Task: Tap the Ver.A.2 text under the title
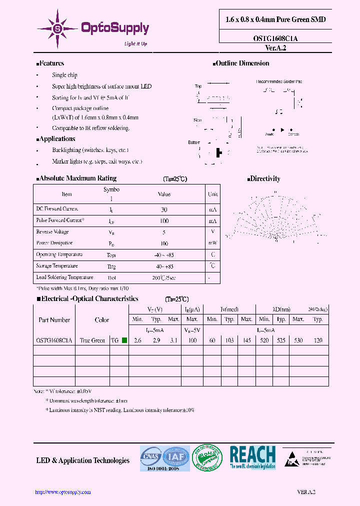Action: pos(275,47)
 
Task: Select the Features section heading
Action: pos(50,63)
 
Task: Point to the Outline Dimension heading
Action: pos(242,63)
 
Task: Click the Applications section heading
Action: pos(56,139)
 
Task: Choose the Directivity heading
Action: pos(264,178)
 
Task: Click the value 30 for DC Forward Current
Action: pos(164,209)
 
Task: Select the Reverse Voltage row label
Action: pos(52,232)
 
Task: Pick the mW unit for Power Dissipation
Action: pos(213,243)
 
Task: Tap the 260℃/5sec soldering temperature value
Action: pos(164,277)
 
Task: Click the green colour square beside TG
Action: pos(124,340)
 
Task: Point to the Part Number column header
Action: pos(54,320)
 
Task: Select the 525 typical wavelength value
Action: pos(281,340)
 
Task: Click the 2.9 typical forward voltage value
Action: pos(156,340)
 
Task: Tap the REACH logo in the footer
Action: pos(252,457)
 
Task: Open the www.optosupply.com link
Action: pos(62,492)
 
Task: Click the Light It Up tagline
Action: pos(135,44)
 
